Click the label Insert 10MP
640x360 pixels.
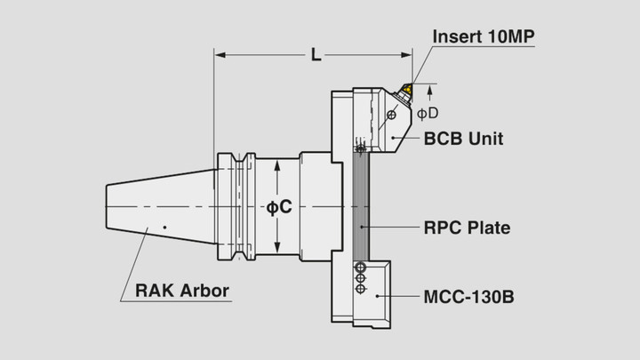click(x=484, y=36)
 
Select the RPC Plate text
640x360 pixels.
click(x=467, y=228)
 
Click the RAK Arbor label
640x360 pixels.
click(x=181, y=291)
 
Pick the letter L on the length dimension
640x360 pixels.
click(x=316, y=55)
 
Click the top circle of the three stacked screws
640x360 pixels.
click(x=360, y=267)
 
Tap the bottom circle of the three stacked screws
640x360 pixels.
click(x=360, y=288)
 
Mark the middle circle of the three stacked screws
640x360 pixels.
click(x=360, y=277)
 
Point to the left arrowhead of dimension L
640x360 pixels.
click(x=220, y=55)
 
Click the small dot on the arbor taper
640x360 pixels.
click(x=164, y=228)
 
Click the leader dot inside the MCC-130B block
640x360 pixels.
click(x=379, y=295)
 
